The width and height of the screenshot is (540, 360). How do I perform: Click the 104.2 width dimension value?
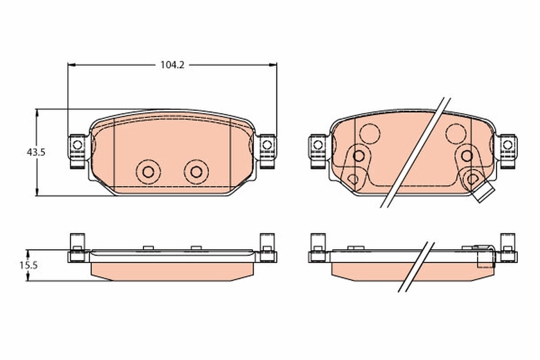click(172, 65)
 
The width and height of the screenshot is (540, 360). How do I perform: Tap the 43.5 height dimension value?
click(36, 153)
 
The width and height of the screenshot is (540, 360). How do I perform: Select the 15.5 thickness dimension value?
click(28, 265)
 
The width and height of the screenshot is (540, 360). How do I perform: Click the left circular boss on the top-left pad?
click(148, 171)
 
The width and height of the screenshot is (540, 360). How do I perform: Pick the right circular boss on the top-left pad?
click(196, 171)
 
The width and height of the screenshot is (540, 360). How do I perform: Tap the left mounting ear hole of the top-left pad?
click(77, 145)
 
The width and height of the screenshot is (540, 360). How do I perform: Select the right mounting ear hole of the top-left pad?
click(267, 145)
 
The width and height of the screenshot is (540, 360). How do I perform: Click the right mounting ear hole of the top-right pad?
click(508, 145)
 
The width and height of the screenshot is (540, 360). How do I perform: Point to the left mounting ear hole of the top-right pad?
click(318, 145)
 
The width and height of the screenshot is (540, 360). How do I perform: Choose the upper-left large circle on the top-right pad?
click(369, 134)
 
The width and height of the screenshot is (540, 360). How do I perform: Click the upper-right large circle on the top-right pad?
click(456, 134)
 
